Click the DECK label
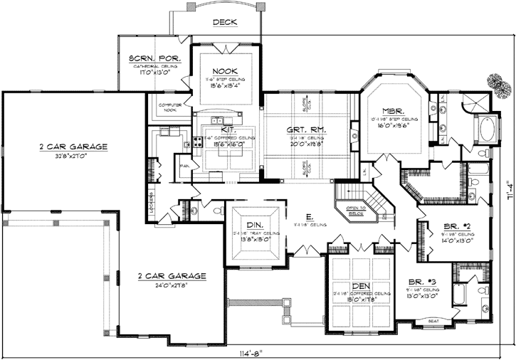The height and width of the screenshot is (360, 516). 225,22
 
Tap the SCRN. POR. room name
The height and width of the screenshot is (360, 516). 154,58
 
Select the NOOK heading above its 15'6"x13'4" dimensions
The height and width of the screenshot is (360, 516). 224,71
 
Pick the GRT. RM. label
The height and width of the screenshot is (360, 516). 307,130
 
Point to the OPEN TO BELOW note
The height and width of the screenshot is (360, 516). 355,210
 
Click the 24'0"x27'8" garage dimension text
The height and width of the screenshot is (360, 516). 173,285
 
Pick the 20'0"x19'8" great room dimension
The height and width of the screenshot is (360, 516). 307,141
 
